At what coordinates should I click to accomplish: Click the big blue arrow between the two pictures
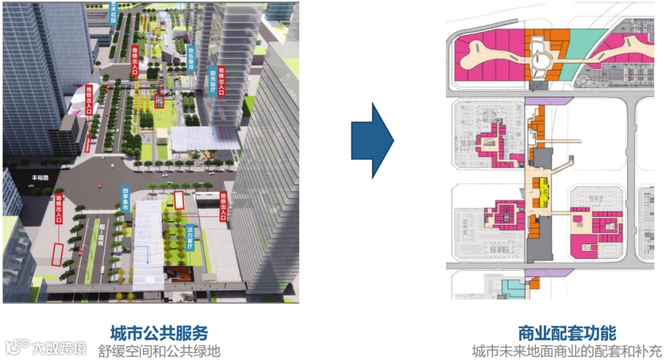(x=372, y=141)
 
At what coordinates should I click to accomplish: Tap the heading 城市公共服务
(x=159, y=333)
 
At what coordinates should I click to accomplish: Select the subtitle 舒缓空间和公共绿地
(x=159, y=351)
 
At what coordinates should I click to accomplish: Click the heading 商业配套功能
(x=567, y=333)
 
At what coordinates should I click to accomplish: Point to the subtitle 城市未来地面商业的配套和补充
(x=567, y=351)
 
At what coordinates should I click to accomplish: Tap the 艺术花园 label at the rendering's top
(x=112, y=12)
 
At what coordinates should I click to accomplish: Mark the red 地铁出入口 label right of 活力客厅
(x=223, y=206)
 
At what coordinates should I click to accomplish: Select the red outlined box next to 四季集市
(x=179, y=200)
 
